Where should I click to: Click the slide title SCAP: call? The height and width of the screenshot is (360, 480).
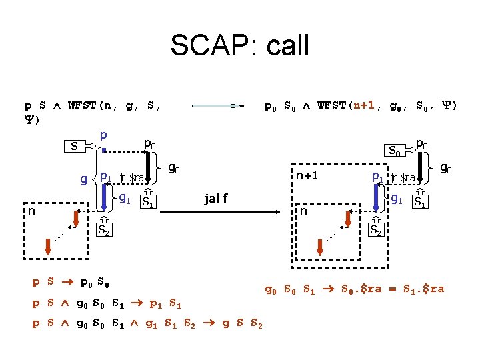coord(240,45)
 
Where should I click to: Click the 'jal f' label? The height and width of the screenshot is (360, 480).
coord(216,198)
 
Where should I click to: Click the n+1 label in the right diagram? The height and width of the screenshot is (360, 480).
coord(308,177)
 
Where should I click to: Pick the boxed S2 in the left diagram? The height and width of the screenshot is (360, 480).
coord(104,231)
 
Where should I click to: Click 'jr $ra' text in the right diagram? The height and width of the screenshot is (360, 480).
coord(403,178)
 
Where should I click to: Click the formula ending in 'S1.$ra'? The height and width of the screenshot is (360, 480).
coord(354,289)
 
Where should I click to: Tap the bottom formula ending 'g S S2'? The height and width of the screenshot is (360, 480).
coord(147,324)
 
